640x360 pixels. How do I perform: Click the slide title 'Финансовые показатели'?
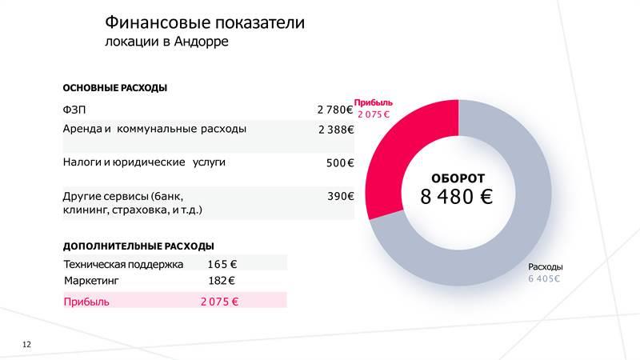[205, 22]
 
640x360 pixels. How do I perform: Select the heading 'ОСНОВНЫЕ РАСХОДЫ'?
[114, 88]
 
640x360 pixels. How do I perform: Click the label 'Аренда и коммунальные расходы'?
[154, 128]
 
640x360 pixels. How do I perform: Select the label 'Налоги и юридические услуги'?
[144, 162]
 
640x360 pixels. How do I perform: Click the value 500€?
[340, 163]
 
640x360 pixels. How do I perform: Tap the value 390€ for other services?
[340, 195]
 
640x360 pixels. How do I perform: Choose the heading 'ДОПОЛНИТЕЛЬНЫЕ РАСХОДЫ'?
[138, 246]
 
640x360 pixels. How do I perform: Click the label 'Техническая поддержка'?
[123, 264]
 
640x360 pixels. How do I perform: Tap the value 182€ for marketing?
[222, 281]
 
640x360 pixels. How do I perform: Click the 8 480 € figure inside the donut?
[457, 197]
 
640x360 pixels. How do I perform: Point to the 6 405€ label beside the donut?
[544, 278]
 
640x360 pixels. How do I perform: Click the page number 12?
[27, 344]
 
